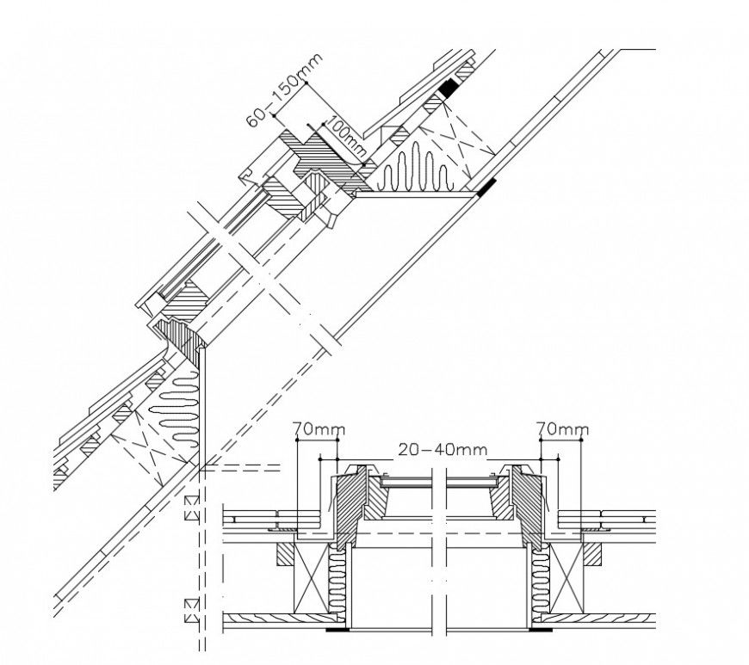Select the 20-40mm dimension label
(x=441, y=449)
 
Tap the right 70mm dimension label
(x=561, y=428)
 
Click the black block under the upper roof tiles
(x=449, y=87)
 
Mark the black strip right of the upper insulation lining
(x=487, y=185)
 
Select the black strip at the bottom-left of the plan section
(x=337, y=630)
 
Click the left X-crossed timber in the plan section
(x=312, y=582)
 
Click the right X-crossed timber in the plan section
(x=568, y=582)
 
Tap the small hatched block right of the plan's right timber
(x=594, y=555)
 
